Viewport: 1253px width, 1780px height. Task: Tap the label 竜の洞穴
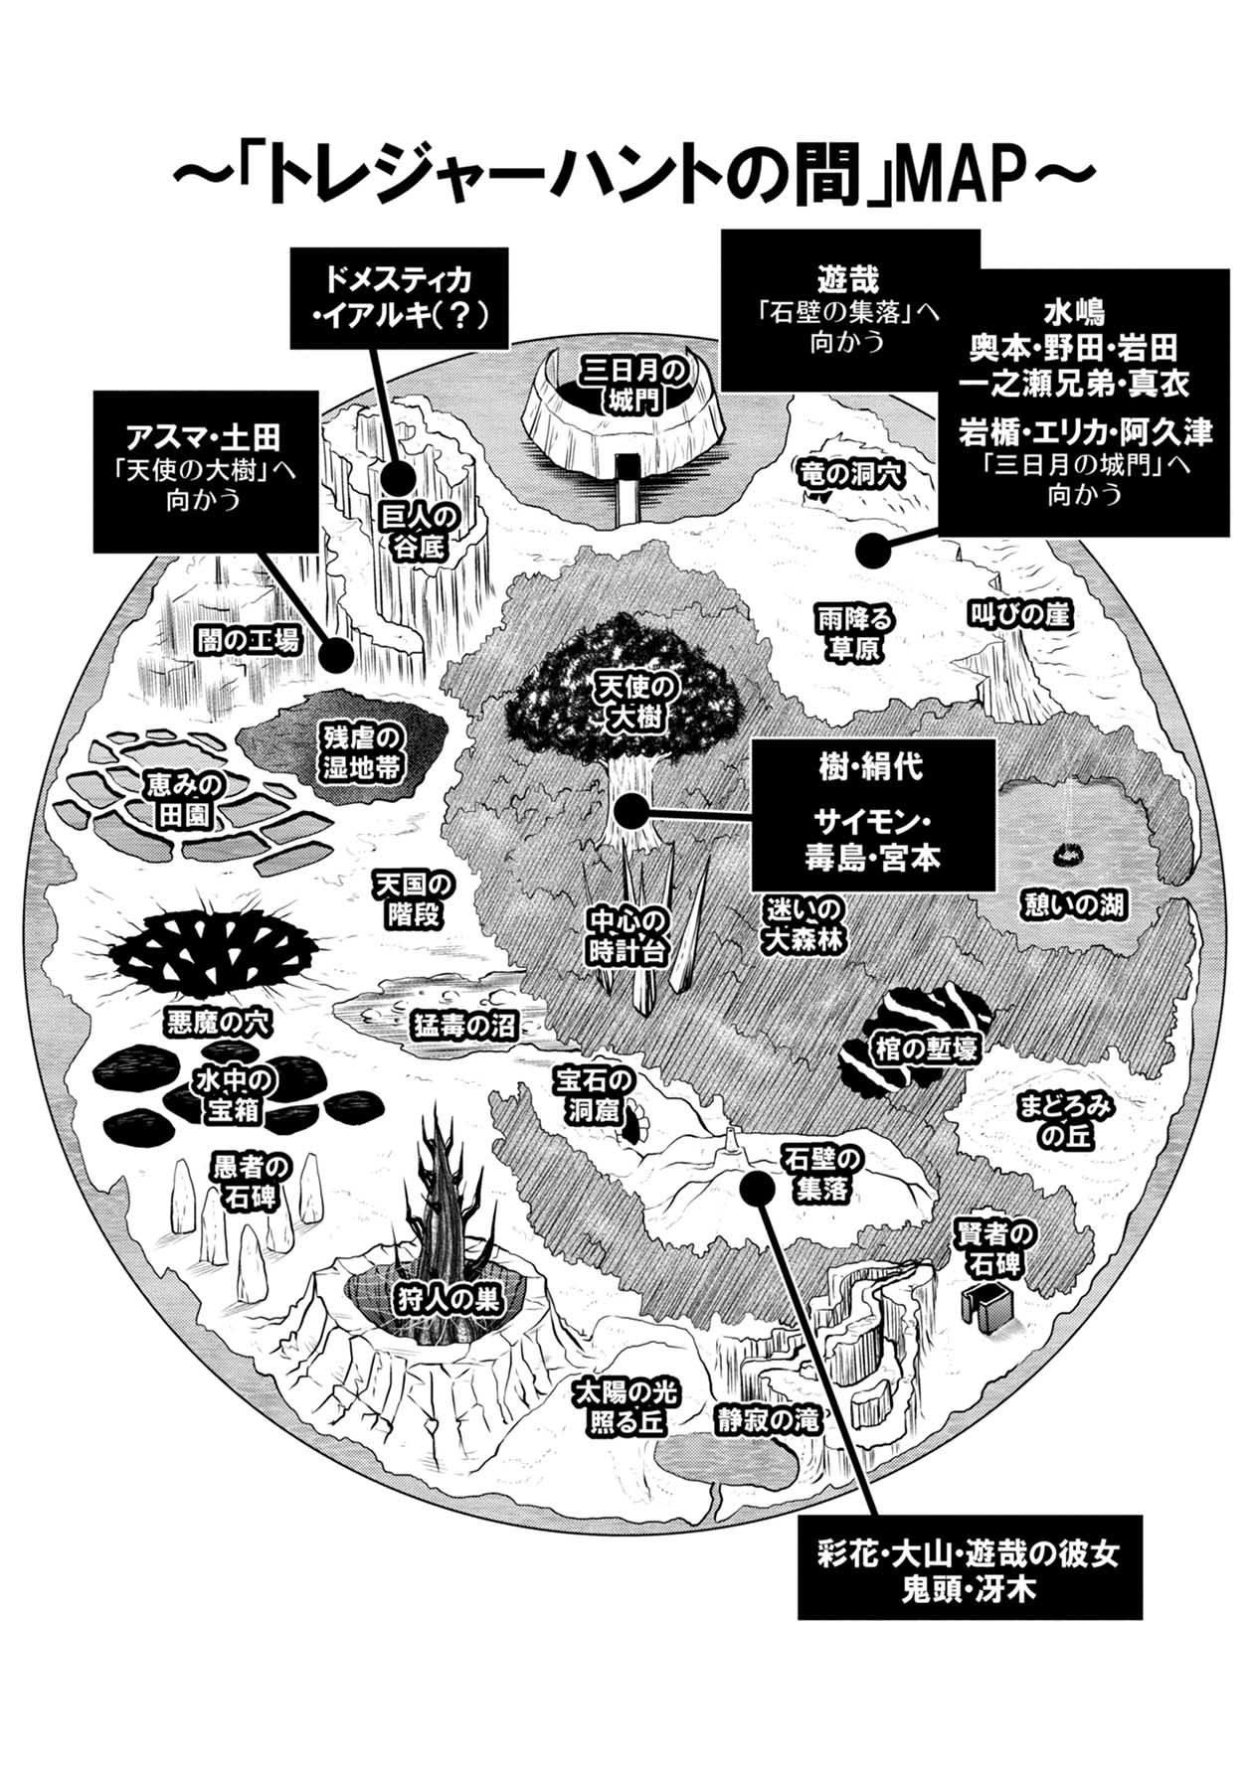coord(850,474)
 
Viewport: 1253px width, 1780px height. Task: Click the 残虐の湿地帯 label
coord(360,752)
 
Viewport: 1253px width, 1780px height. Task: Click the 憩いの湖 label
coord(1073,904)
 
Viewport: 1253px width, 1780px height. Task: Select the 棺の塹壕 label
coord(925,1047)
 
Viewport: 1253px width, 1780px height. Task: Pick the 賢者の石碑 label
coord(994,1248)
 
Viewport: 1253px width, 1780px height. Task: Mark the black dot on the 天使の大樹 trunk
coord(630,813)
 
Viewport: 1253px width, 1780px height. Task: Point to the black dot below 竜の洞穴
coord(873,551)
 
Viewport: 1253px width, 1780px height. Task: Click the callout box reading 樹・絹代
coord(872,814)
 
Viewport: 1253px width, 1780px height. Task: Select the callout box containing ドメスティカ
coord(397,297)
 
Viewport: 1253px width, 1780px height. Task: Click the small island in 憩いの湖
coord(1069,853)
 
